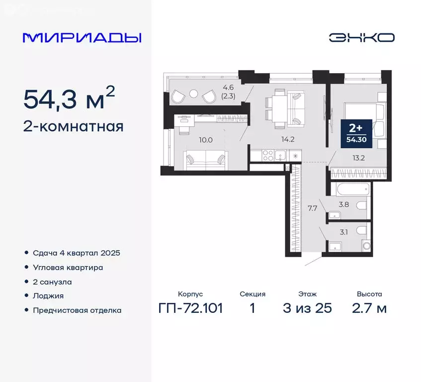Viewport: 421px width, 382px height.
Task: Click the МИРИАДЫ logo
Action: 82,38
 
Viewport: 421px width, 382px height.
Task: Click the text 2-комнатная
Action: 73,126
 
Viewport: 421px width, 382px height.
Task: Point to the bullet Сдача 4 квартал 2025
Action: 77,253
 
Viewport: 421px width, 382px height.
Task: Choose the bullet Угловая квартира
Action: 68,267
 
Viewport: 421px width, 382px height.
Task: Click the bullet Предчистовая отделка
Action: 77,310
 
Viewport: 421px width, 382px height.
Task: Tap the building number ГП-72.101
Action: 190,308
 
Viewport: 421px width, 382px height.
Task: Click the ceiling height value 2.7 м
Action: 369,308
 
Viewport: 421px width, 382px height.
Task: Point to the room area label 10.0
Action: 205,140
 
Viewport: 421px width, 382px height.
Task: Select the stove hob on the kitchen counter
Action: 268,156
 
